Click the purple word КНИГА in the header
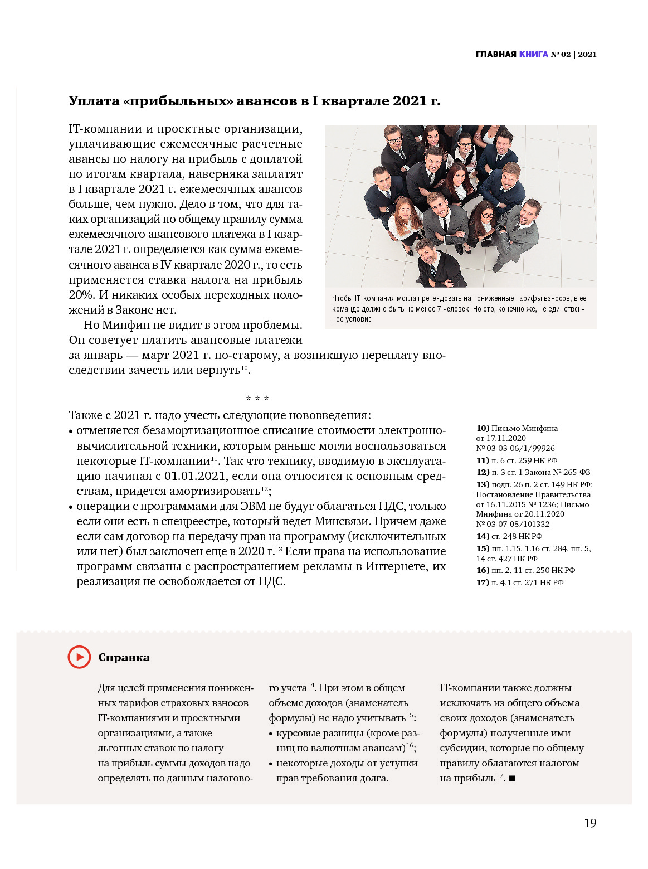533,54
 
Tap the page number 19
590,823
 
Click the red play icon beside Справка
79,657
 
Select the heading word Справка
124,658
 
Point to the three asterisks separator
257,399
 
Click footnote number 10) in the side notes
483,428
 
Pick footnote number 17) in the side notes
483,582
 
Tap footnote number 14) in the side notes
483,536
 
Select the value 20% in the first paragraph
82,295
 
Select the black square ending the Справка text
511,778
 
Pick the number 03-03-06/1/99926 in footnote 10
520,448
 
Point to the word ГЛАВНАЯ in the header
496,54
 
